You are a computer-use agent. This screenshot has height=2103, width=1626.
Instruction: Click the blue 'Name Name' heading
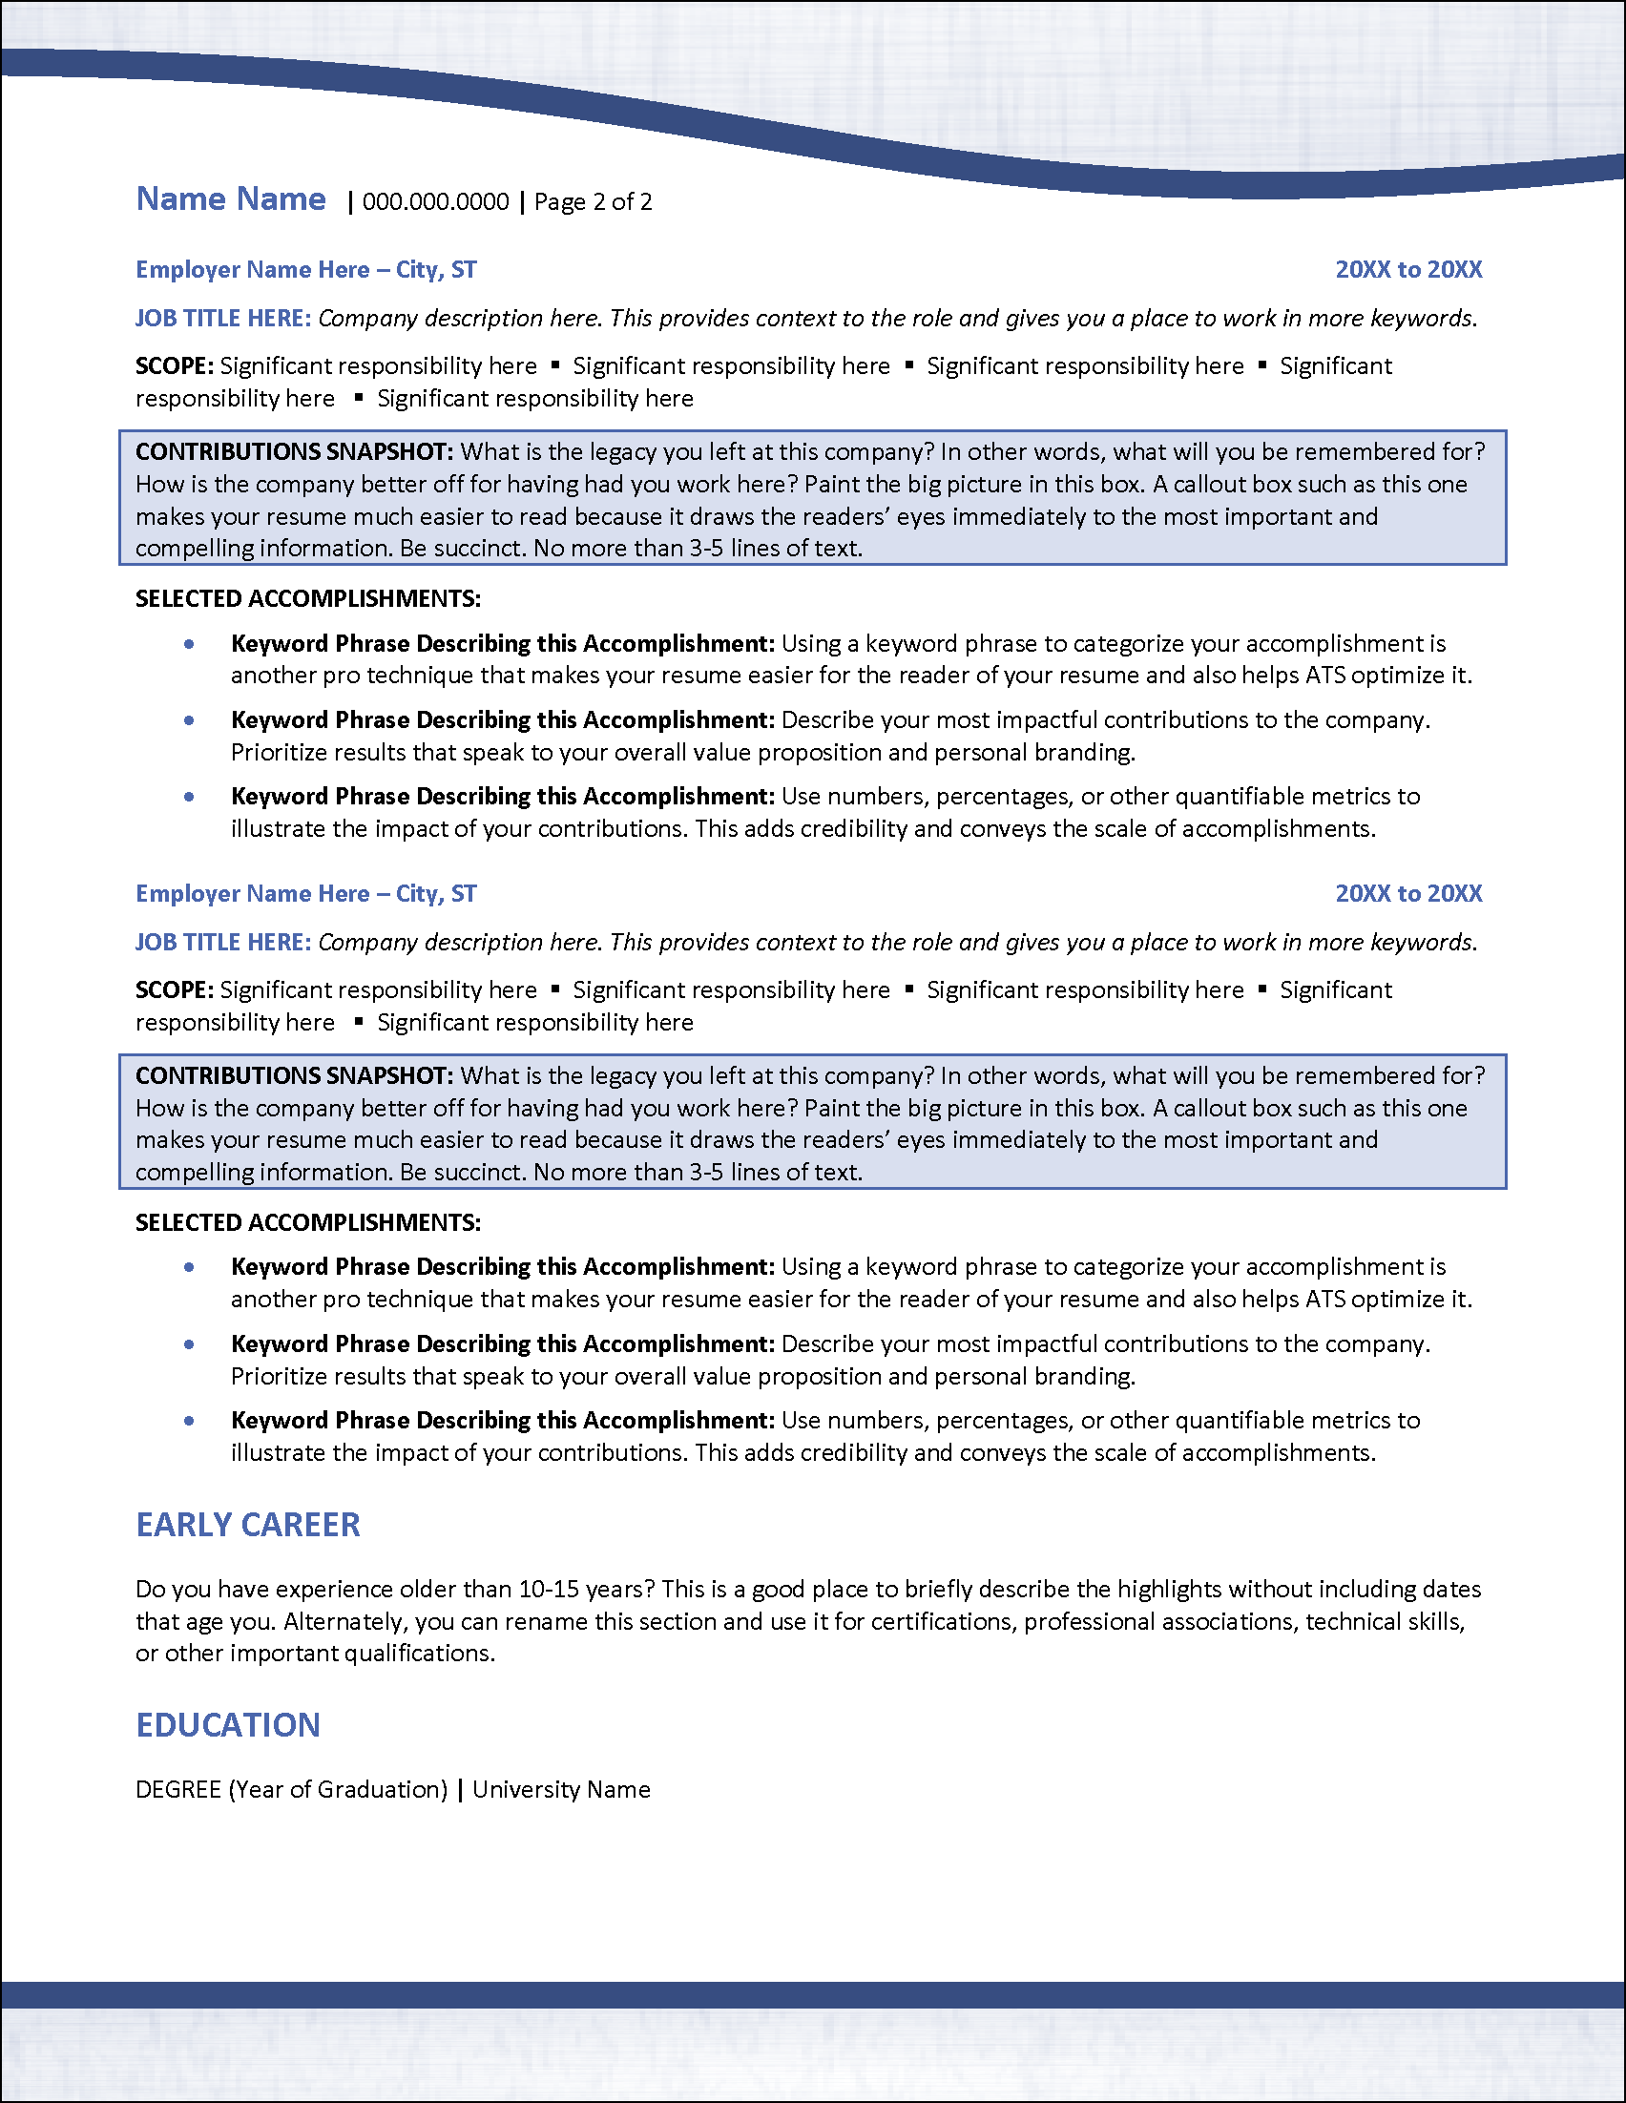(x=231, y=199)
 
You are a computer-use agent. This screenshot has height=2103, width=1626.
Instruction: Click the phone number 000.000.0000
(x=435, y=202)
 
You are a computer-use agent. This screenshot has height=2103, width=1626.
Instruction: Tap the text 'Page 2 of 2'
(x=593, y=202)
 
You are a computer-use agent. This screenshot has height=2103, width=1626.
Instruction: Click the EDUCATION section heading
(x=227, y=1725)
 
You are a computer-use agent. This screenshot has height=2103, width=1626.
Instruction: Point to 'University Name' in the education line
(x=561, y=1790)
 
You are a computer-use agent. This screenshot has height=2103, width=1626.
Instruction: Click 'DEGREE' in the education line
(x=178, y=1790)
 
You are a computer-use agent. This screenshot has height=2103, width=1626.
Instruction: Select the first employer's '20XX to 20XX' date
(x=1407, y=270)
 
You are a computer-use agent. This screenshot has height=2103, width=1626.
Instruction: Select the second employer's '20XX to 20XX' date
(x=1407, y=893)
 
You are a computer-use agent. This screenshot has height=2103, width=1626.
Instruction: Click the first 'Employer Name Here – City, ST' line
(x=305, y=270)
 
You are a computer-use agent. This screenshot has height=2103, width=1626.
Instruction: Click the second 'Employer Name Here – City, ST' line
(x=305, y=893)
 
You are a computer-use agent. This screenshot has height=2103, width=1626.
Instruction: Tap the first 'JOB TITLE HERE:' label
(x=222, y=319)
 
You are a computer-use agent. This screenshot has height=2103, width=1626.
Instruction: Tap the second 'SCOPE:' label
(x=174, y=989)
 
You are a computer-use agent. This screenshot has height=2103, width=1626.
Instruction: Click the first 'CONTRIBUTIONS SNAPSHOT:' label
(x=294, y=452)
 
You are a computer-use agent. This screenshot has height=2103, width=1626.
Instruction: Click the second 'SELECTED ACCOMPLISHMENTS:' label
(x=307, y=1223)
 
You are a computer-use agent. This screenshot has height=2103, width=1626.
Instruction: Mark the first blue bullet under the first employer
(x=190, y=644)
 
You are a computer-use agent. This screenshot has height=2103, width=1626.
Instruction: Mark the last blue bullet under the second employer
(x=190, y=1422)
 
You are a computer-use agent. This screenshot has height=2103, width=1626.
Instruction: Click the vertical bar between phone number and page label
(x=522, y=202)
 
